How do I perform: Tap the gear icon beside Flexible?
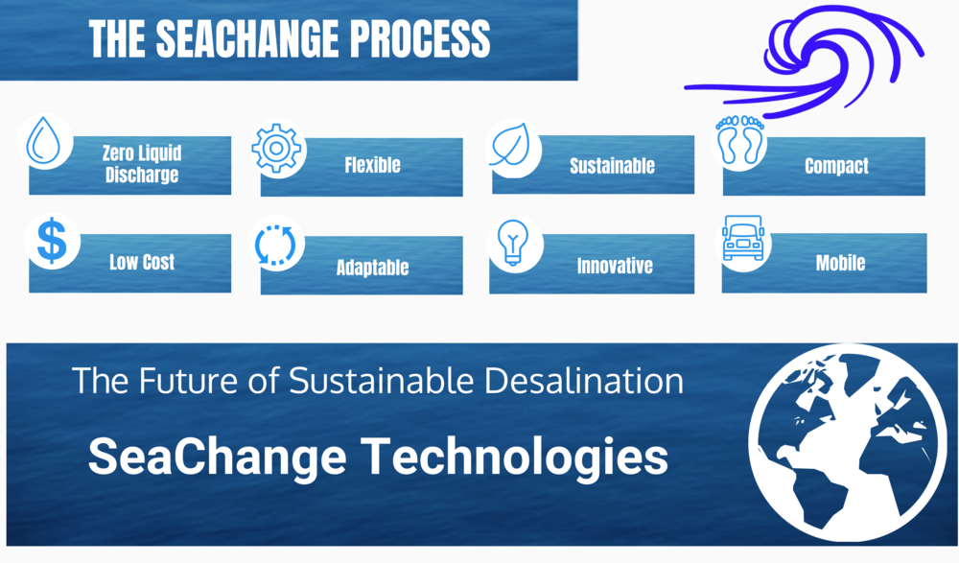click(276, 148)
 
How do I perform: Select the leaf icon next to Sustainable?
click(509, 146)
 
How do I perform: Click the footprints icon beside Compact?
click(740, 140)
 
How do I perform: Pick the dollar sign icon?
click(52, 241)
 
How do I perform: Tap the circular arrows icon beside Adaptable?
click(275, 245)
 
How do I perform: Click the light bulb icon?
click(512, 243)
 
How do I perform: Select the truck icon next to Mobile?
click(743, 238)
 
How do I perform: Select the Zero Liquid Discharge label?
click(142, 163)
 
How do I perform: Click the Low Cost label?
click(142, 262)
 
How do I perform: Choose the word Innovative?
click(615, 266)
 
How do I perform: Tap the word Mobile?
click(840, 263)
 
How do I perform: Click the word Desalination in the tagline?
click(583, 381)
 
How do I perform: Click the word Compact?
click(836, 166)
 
